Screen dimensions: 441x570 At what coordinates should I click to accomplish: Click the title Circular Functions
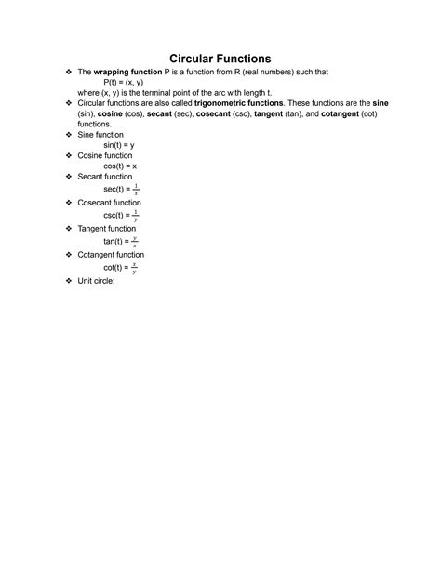220,59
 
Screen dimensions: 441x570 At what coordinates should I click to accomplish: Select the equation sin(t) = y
120,145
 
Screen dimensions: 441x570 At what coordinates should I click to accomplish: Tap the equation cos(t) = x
120,166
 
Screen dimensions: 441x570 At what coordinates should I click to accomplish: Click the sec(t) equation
121,188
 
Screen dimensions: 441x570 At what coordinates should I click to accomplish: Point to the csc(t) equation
121,214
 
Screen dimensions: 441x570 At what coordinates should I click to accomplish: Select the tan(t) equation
121,241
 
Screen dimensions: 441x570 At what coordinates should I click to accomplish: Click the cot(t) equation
121,267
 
